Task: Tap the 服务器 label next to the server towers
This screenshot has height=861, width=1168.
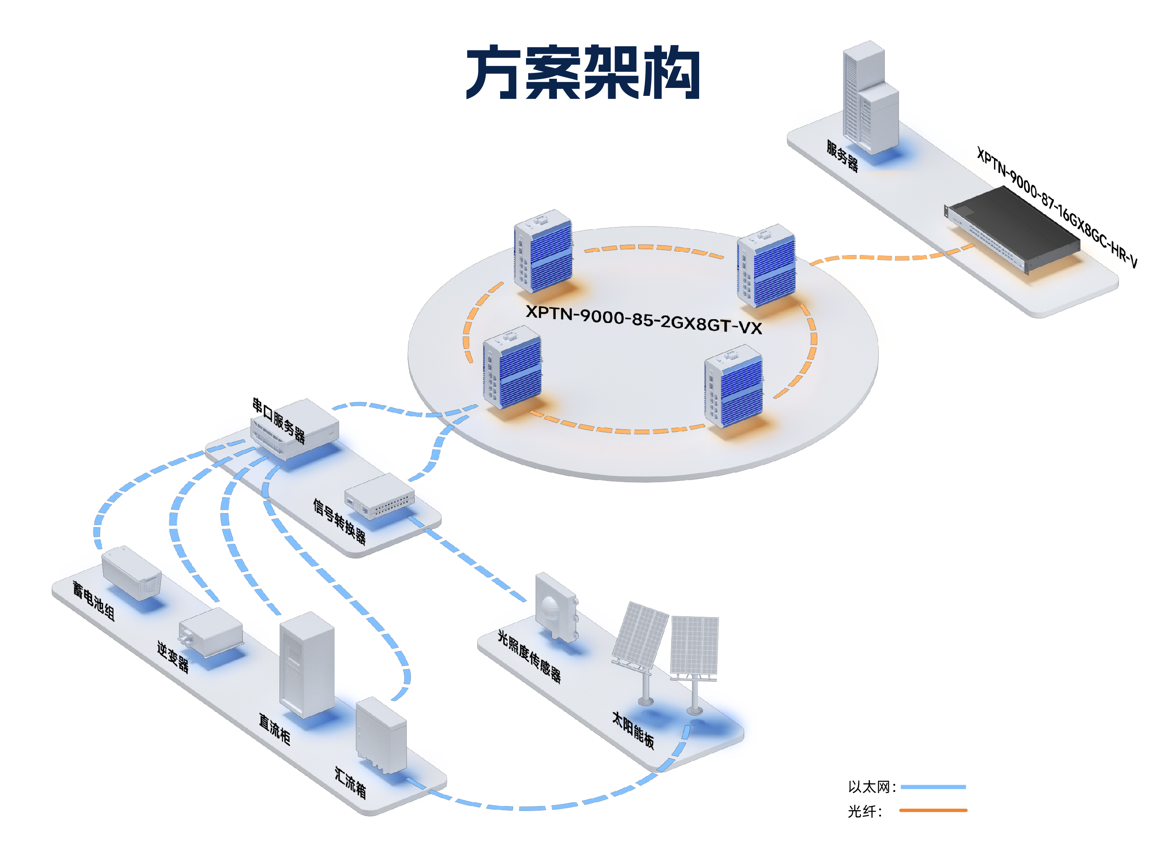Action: (x=842, y=156)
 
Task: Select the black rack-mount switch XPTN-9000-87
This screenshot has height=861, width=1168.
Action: (x=1012, y=229)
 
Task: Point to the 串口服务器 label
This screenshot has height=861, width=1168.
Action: (x=279, y=420)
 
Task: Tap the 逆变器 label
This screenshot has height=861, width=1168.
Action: (x=173, y=657)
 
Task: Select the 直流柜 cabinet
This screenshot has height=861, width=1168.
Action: (x=307, y=665)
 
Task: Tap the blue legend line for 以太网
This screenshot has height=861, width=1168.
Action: (x=933, y=787)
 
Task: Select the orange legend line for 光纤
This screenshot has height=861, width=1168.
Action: (x=933, y=811)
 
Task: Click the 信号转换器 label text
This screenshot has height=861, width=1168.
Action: (x=340, y=522)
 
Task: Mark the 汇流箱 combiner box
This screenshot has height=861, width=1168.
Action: (x=381, y=736)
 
